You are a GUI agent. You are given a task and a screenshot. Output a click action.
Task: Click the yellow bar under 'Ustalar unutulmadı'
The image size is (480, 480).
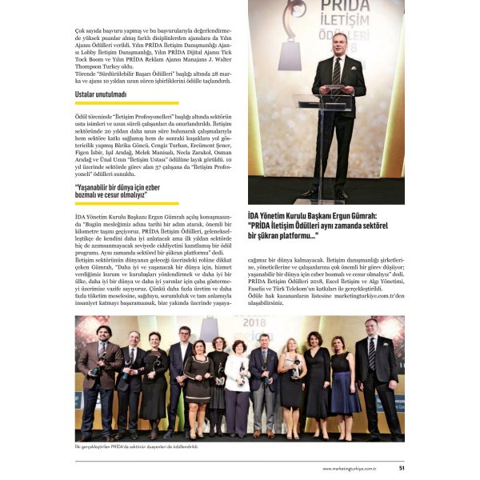point(126,102)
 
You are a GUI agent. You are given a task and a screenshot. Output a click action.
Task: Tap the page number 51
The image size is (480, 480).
point(402,468)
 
